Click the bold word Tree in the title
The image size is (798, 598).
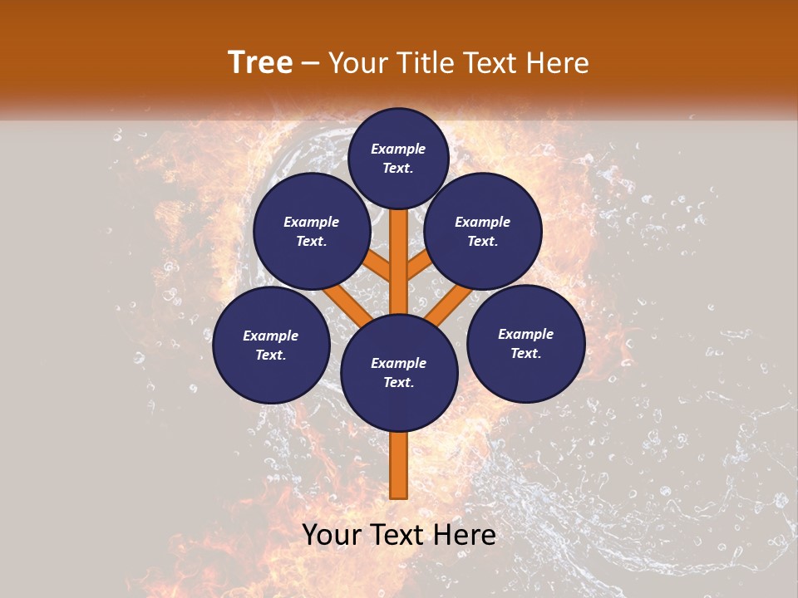click(260, 62)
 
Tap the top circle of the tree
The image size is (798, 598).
click(399, 158)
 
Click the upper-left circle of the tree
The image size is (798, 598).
click(311, 231)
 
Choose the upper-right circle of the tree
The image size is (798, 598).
click(483, 231)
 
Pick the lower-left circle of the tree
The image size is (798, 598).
click(271, 345)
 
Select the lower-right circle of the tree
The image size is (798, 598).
click(525, 343)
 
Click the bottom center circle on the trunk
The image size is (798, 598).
click(399, 373)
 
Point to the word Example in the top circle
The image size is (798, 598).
click(398, 149)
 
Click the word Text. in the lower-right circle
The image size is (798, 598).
click(525, 353)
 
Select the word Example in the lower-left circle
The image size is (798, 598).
click(271, 336)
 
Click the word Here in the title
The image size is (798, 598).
click(558, 62)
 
